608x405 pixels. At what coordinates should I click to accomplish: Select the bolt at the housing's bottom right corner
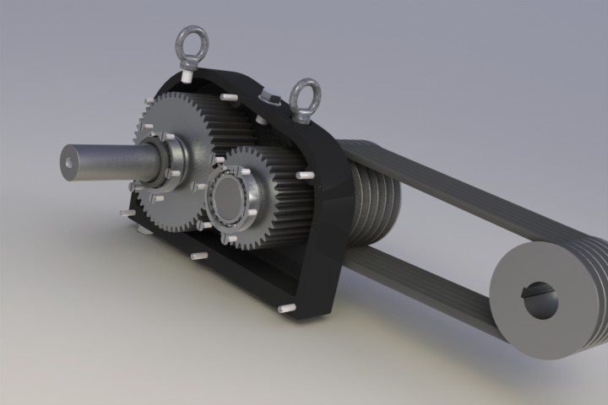coord(286,309)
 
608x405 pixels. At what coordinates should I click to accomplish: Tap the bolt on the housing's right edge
coord(306,175)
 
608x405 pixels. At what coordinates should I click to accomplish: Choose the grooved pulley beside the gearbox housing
coord(376,202)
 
